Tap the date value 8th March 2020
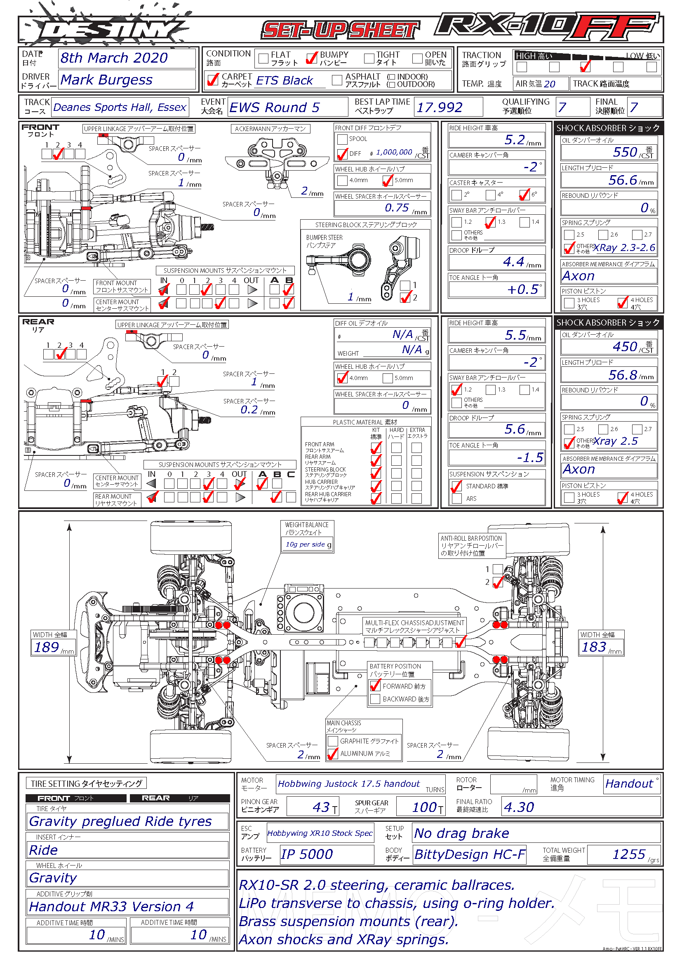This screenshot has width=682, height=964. [x=114, y=58]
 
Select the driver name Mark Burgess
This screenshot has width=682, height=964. [x=106, y=80]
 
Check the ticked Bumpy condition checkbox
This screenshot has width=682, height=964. [x=312, y=58]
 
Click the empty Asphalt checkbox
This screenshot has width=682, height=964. [x=336, y=80]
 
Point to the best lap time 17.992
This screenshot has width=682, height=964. [x=439, y=108]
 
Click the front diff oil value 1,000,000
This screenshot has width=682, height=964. [x=394, y=152]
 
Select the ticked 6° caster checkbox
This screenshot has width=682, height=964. [x=524, y=195]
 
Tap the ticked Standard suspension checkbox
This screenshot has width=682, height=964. [x=456, y=487]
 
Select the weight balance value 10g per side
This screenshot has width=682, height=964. [x=305, y=544]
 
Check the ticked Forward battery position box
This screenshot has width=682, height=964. [x=375, y=686]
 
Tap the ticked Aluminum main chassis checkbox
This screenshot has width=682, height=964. [x=333, y=754]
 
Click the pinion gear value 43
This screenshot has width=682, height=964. [x=321, y=807]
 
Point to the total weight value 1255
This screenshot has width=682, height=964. [x=629, y=854]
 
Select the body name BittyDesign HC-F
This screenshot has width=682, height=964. [x=470, y=854]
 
